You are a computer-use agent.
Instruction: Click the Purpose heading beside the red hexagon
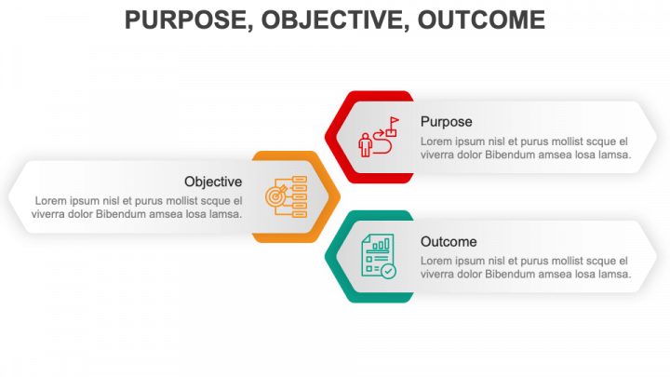(x=446, y=121)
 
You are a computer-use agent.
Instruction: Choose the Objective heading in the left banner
(x=213, y=182)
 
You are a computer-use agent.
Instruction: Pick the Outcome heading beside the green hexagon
(x=449, y=241)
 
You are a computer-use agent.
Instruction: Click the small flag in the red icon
(x=394, y=121)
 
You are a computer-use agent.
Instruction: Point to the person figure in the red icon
(x=366, y=145)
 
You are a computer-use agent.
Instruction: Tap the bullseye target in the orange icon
(x=276, y=197)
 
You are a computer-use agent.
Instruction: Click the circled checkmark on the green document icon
(x=388, y=271)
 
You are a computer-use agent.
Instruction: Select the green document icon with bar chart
(x=377, y=255)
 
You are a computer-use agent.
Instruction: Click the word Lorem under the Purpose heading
(x=436, y=141)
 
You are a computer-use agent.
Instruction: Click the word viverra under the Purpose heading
(x=438, y=155)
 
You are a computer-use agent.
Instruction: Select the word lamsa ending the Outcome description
(x=614, y=274)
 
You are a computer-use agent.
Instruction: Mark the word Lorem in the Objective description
(x=50, y=200)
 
